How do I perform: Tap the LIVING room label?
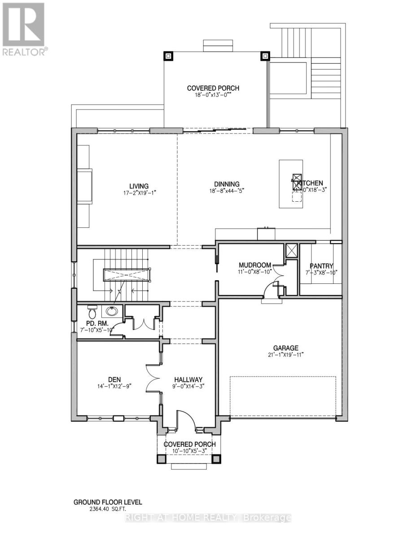139,186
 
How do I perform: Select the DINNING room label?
227,184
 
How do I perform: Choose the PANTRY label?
321,266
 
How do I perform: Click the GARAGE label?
286,348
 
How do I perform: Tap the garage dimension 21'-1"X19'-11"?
286,354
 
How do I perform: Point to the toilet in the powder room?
92,312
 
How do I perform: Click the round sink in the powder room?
111,311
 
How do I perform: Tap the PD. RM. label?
97,323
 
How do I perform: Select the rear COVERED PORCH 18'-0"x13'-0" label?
213,88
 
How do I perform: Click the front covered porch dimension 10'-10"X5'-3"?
189,451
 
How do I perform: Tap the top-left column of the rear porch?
168,56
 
